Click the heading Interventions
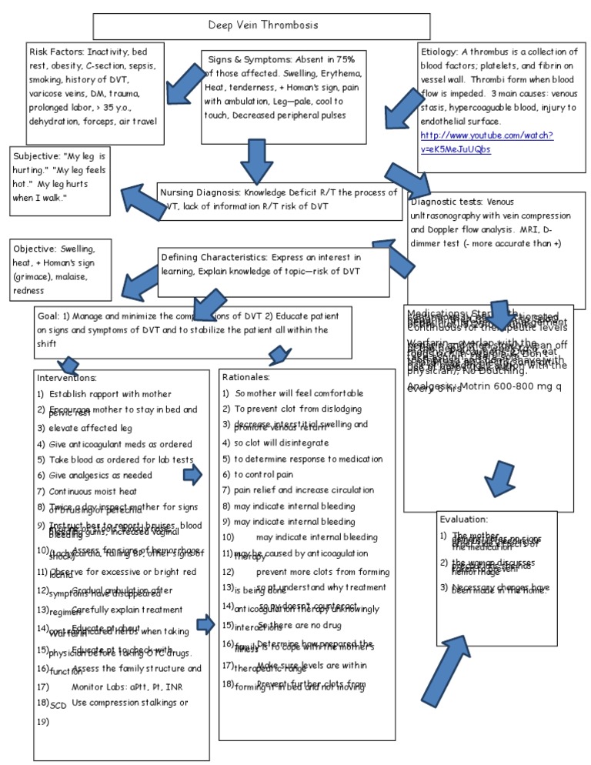point(67,378)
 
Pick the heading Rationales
point(245,377)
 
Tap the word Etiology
point(439,52)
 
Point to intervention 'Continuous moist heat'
point(93,491)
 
